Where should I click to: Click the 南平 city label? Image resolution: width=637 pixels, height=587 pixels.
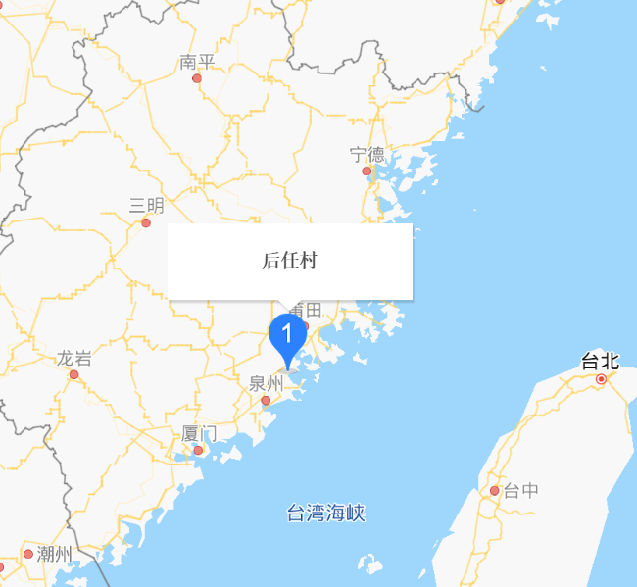[x=197, y=62]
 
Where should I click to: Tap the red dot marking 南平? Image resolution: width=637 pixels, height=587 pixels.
[x=197, y=78]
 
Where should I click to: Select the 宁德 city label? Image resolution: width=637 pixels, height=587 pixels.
[x=367, y=154]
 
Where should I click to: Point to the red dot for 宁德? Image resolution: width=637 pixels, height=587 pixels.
[x=367, y=171]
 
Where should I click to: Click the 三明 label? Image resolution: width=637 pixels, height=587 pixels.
[x=147, y=205]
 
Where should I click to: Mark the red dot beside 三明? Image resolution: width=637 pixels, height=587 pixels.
[x=146, y=222]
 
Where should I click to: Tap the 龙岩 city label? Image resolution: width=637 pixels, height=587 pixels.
[x=73, y=358]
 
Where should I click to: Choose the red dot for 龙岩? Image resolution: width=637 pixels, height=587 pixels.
[x=73, y=374]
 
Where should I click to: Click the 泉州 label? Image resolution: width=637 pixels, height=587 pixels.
[x=266, y=383]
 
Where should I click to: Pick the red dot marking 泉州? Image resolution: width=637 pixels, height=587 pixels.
[x=266, y=400]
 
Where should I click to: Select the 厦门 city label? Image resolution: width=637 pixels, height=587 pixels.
[x=199, y=433]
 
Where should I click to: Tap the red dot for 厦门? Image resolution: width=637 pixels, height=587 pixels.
[x=198, y=451]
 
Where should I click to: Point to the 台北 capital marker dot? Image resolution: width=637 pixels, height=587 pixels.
[x=602, y=377]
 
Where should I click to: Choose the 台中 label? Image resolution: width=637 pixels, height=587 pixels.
[x=520, y=491]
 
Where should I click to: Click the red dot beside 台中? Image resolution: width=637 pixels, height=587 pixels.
[x=495, y=491]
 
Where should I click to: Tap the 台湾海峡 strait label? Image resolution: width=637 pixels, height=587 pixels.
[x=325, y=513]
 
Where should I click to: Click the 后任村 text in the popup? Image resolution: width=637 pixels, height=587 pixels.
[x=289, y=260]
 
